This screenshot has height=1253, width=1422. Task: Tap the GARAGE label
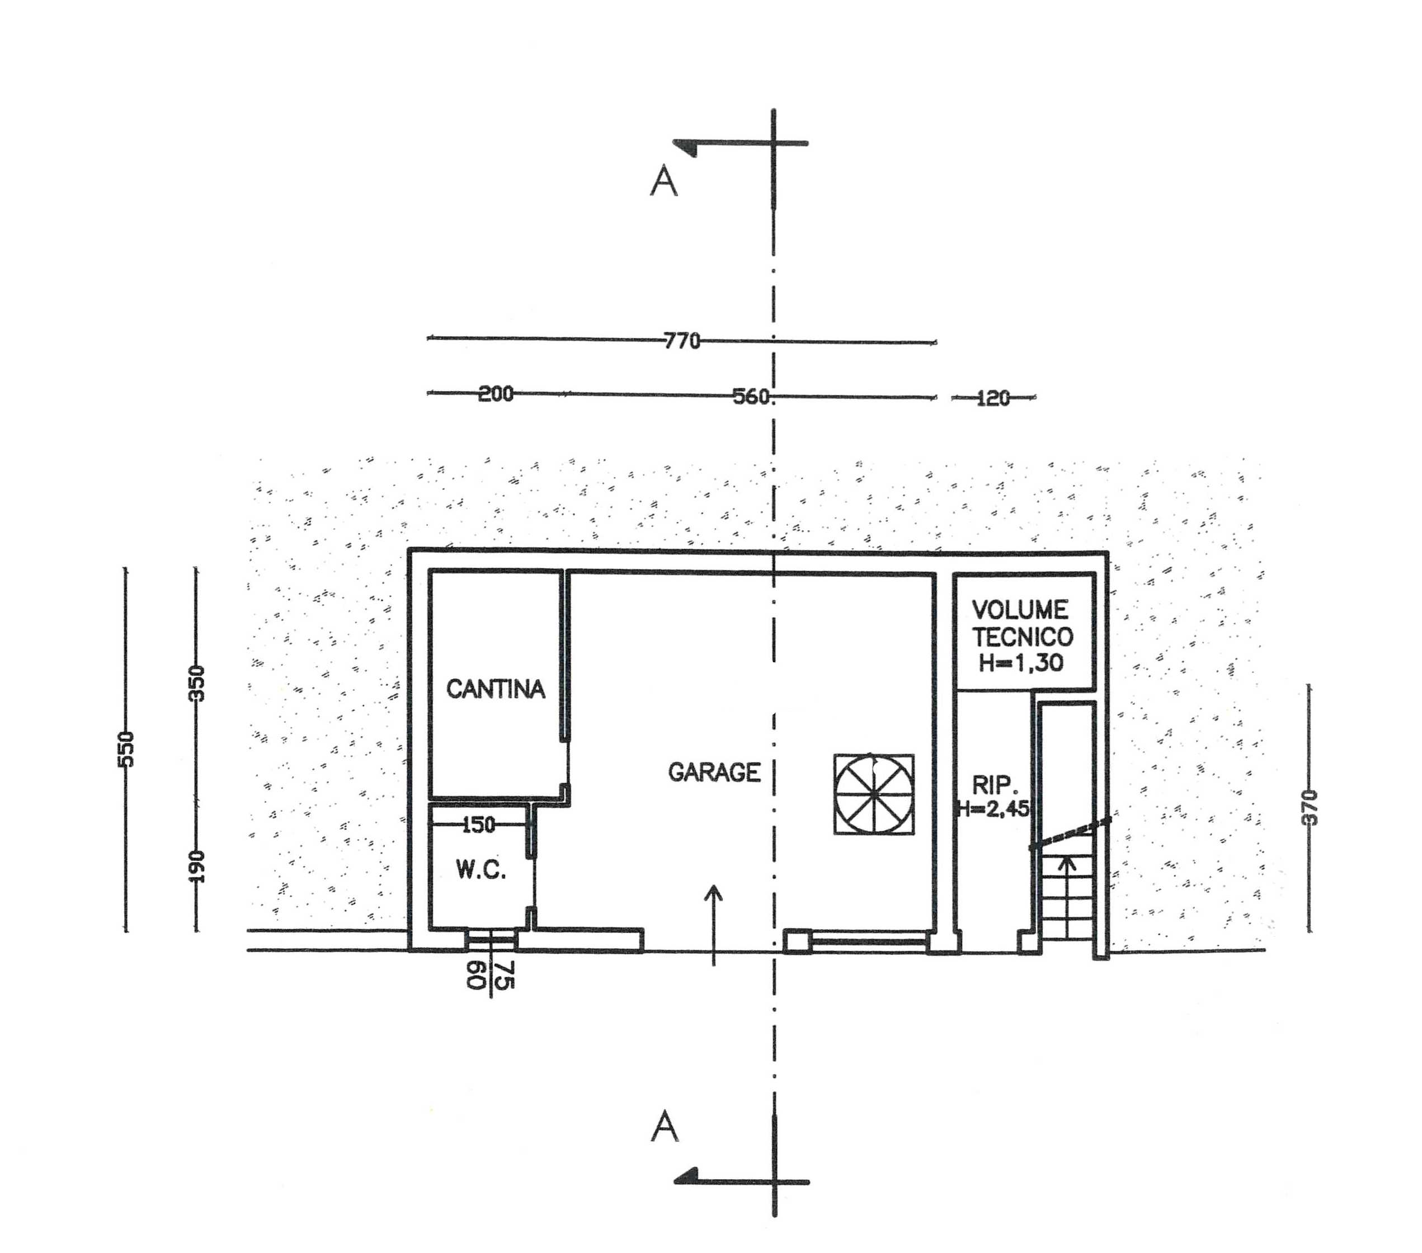pyautogui.click(x=714, y=772)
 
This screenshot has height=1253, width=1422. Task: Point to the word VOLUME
pyautogui.click(x=1020, y=610)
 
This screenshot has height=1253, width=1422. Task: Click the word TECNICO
pyautogui.click(x=1023, y=637)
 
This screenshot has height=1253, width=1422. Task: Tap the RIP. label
pyautogui.click(x=995, y=786)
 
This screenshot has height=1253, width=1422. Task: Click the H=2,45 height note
pyautogui.click(x=993, y=808)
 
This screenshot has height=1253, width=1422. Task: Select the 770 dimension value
pyautogui.click(x=682, y=341)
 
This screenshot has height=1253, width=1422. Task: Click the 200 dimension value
pyautogui.click(x=496, y=394)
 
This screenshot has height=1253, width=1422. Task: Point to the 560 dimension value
pyautogui.click(x=752, y=397)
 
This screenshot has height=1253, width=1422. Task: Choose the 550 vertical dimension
pyautogui.click(x=126, y=750)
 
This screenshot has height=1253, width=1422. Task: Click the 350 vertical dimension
pyautogui.click(x=197, y=683)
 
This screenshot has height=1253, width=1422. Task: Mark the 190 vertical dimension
pyautogui.click(x=197, y=866)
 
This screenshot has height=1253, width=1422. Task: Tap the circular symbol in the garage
pyautogui.click(x=874, y=794)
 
